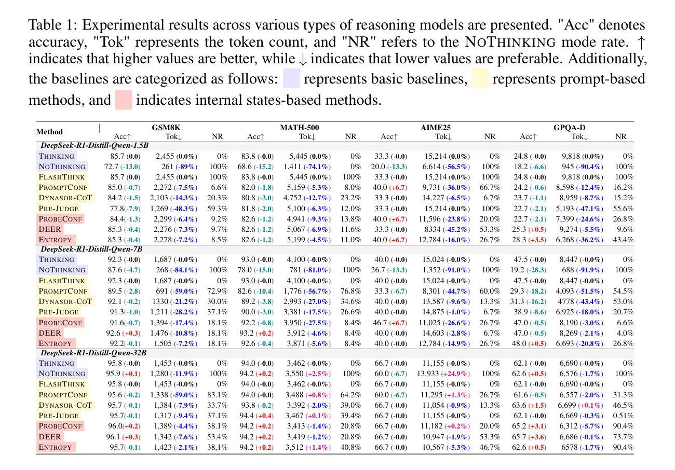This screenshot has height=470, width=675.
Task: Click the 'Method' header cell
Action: point(50,132)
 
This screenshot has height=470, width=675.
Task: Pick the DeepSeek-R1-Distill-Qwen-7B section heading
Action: point(91,249)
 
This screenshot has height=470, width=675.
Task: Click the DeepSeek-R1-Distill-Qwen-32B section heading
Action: point(93,353)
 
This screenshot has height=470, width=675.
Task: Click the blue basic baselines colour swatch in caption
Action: point(291,79)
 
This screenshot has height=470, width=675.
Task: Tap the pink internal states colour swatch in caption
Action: point(123,100)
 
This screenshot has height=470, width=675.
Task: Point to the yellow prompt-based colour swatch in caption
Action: point(480,79)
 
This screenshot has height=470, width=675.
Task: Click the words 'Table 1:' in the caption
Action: point(52,25)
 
